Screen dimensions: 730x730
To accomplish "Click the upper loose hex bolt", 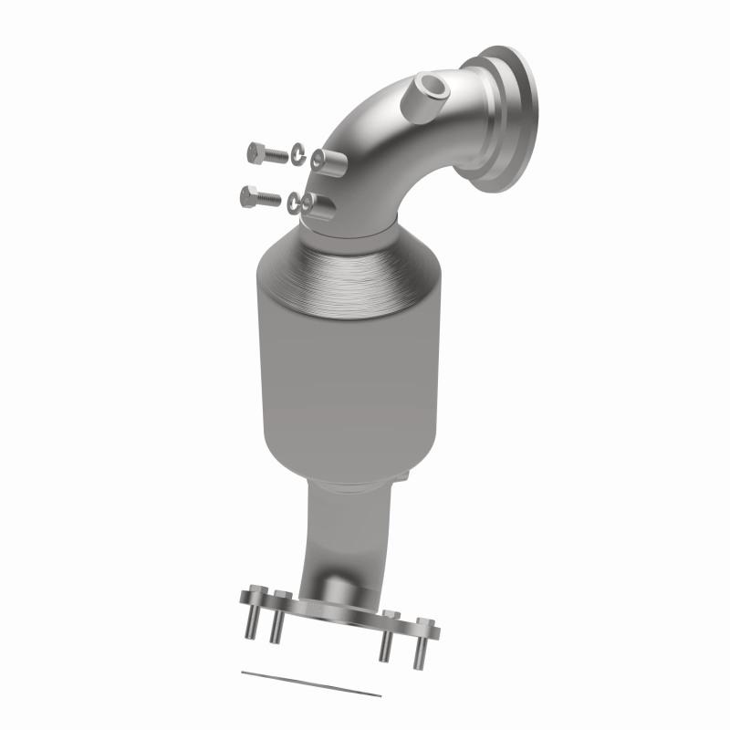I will point(266,154).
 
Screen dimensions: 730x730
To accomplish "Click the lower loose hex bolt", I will point(260,195).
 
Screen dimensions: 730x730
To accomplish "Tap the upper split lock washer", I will point(299,155).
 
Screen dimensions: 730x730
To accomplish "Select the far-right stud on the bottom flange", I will point(422,643).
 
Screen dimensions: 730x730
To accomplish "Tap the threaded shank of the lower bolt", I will point(269,197).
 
